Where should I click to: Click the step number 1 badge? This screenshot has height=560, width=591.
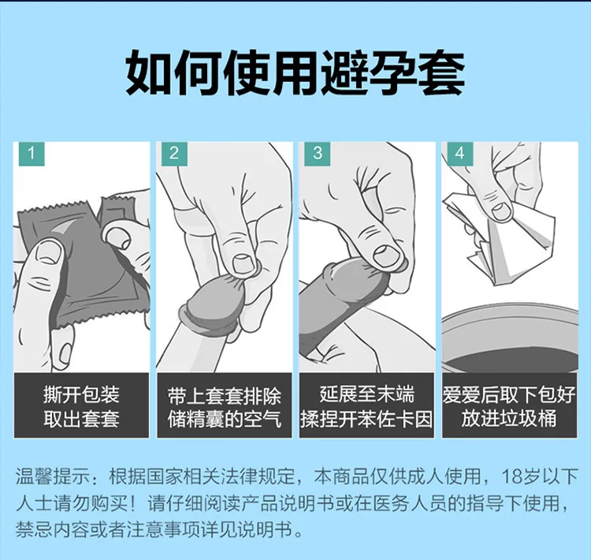pos(31,153)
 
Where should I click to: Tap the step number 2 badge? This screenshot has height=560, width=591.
pos(174,153)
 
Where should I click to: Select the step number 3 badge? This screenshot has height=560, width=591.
pos(318,153)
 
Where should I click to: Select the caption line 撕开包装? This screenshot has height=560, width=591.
pos(81,394)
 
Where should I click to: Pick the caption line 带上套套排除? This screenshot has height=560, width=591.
pos(225,394)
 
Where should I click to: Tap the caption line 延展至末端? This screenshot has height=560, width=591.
pos(367,394)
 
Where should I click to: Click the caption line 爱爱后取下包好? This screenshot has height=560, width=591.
pos(510,394)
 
